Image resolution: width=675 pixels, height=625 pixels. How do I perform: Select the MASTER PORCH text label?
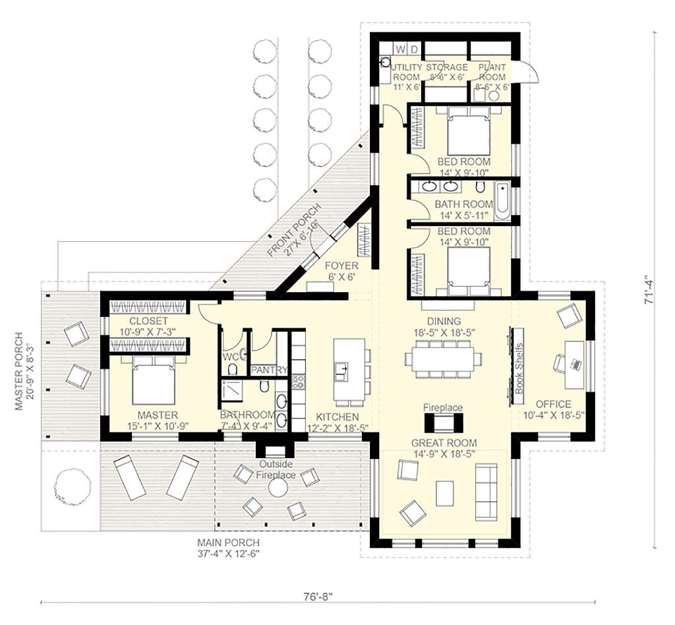(x=19, y=371)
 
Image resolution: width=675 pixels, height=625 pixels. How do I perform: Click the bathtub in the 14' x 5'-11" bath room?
(x=502, y=202)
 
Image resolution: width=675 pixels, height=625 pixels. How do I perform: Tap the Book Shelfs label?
(x=518, y=369)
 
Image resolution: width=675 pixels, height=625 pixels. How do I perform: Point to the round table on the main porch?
(x=278, y=488)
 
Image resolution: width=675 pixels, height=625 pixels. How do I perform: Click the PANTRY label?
(x=269, y=371)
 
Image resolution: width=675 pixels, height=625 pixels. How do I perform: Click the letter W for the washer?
(x=400, y=49)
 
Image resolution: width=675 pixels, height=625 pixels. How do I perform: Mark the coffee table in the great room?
(x=445, y=492)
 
